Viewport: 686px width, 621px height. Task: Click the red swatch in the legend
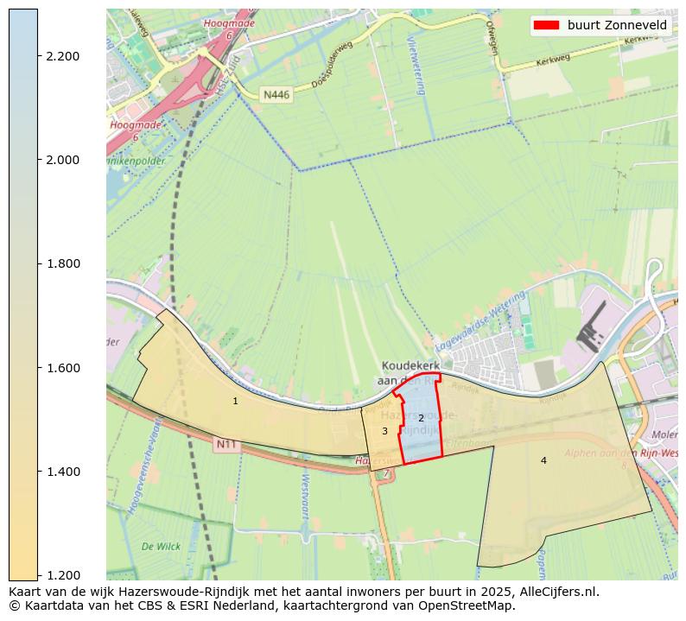(546, 25)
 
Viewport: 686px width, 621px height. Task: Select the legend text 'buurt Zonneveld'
(617, 25)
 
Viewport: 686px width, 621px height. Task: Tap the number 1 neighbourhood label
(235, 401)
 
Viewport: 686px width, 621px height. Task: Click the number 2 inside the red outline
(421, 418)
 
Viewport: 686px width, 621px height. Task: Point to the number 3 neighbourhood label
(384, 431)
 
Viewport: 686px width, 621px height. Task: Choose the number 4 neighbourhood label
(543, 460)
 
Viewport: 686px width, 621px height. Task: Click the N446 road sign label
(276, 94)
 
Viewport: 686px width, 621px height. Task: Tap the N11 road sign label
(225, 444)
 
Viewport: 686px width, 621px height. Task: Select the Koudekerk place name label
(411, 366)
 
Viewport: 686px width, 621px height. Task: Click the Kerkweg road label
(555, 62)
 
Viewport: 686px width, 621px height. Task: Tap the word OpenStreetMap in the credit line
(469, 605)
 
